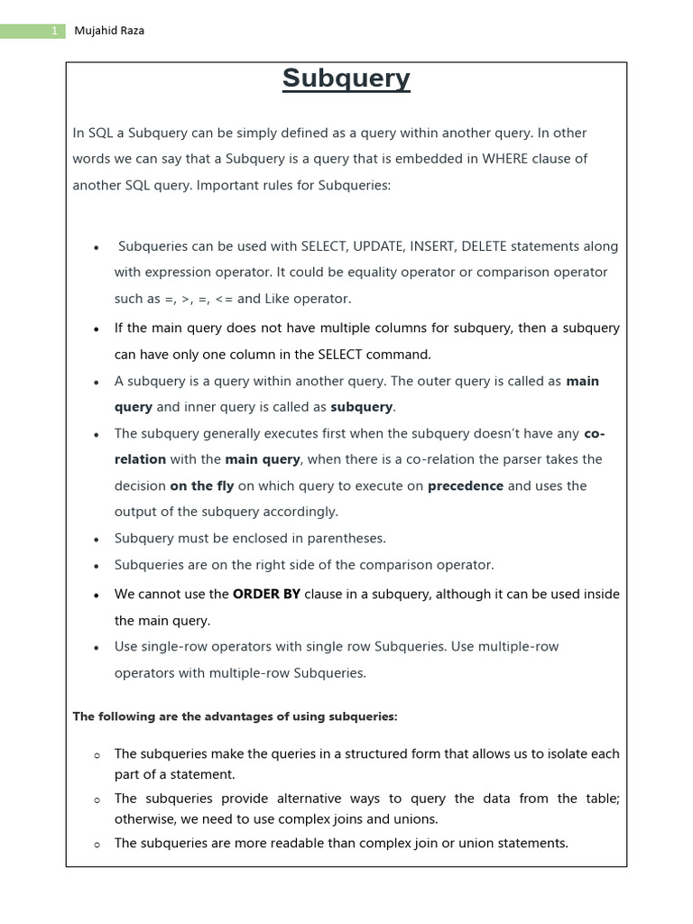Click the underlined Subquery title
(346, 79)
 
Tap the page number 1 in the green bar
(54, 31)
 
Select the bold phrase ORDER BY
(266, 594)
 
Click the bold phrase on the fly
(201, 485)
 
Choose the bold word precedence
(466, 485)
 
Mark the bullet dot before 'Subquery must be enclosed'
(96, 540)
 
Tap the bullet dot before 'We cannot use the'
(96, 596)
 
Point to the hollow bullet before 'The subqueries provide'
(96, 800)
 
